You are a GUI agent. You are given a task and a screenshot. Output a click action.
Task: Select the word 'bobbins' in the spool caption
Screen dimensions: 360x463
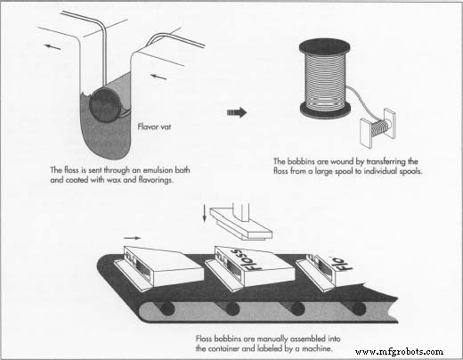click(x=305, y=161)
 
